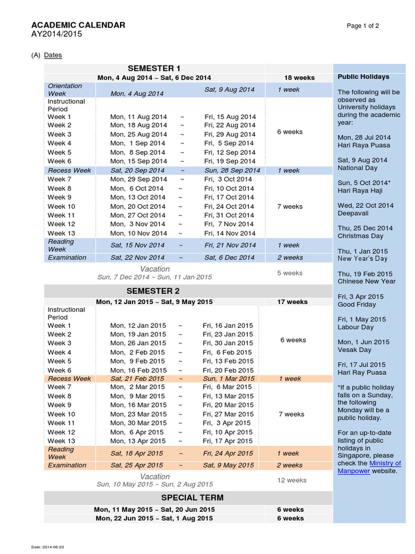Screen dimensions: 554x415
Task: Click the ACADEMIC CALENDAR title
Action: pos(78,25)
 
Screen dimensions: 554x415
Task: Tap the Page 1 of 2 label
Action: pos(363,25)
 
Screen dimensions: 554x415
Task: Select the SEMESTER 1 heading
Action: pos(154,68)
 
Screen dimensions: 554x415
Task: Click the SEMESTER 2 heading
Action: pos(154,291)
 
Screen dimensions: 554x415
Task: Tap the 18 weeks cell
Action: pos(299,77)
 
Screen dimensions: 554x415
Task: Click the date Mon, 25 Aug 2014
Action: pos(139,134)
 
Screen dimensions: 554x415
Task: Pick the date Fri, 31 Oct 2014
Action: pos(229,215)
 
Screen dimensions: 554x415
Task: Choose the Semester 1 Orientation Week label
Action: pos(65,90)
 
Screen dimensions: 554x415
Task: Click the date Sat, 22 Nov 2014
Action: pos(138,258)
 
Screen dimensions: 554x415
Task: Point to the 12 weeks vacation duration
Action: pos(292,480)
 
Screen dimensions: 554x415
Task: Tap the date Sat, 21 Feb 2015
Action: pos(137,379)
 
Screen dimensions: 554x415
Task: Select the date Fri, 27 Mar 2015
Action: pos(228,414)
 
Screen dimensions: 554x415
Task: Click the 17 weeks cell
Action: pos(292,302)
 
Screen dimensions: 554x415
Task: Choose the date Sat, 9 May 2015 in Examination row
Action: pos(229,465)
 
